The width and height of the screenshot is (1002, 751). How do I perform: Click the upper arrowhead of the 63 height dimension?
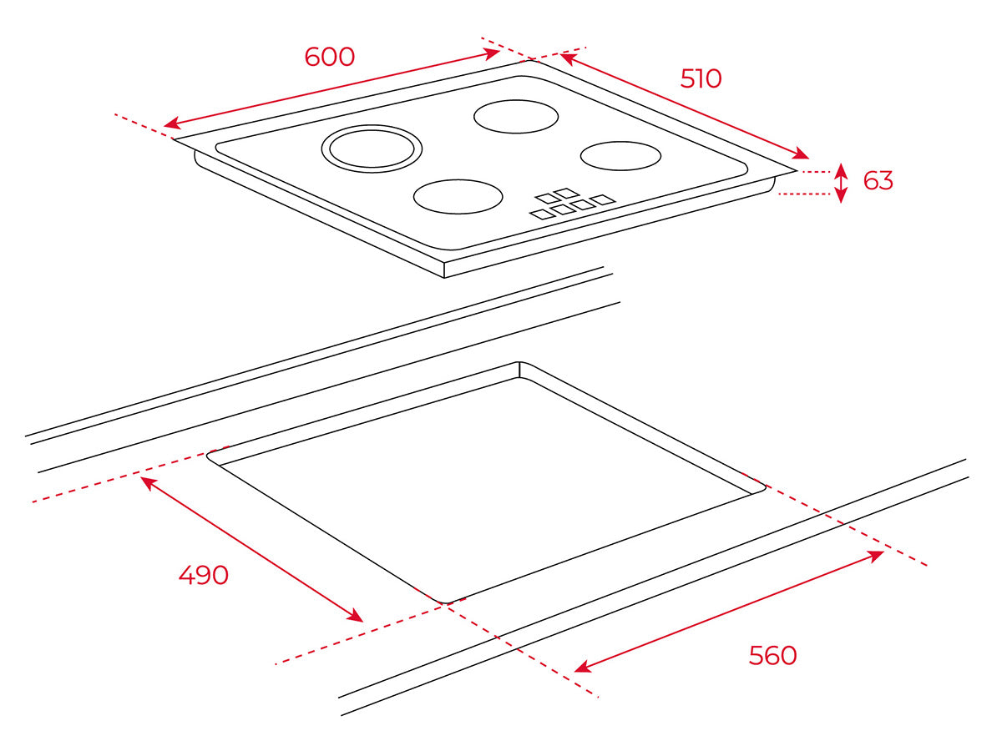click(x=841, y=169)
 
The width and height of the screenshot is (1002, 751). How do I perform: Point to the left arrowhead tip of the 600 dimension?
click(x=164, y=125)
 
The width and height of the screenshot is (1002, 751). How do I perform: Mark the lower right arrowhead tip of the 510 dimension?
click(x=808, y=159)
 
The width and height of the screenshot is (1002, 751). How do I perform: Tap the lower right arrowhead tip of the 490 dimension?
click(x=363, y=622)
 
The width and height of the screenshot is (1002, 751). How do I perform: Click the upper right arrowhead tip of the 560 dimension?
click(x=883, y=552)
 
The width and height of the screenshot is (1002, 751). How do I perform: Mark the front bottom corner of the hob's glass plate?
click(x=444, y=277)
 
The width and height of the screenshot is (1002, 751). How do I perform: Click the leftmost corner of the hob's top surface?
click(x=174, y=139)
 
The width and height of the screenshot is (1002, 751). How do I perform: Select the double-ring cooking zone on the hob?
click(x=372, y=149)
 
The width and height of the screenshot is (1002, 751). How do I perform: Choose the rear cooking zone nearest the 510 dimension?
click(x=516, y=116)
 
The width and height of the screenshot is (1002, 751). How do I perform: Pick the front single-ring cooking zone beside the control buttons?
click(x=458, y=196)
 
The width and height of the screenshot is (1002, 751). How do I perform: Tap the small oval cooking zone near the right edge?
click(x=621, y=156)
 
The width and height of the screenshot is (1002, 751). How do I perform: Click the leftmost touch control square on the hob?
click(x=542, y=214)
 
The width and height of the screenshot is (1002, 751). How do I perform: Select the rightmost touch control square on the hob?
click(x=602, y=199)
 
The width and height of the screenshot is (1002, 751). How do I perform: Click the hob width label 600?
click(x=329, y=57)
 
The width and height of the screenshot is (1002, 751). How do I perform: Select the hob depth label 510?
click(x=701, y=78)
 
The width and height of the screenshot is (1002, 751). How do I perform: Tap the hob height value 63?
click(x=878, y=180)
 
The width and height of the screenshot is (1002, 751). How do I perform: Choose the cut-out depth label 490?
click(x=203, y=575)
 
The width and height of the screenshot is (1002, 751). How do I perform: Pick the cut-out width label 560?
click(x=773, y=655)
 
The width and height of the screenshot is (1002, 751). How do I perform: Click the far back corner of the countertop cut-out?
click(x=519, y=362)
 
